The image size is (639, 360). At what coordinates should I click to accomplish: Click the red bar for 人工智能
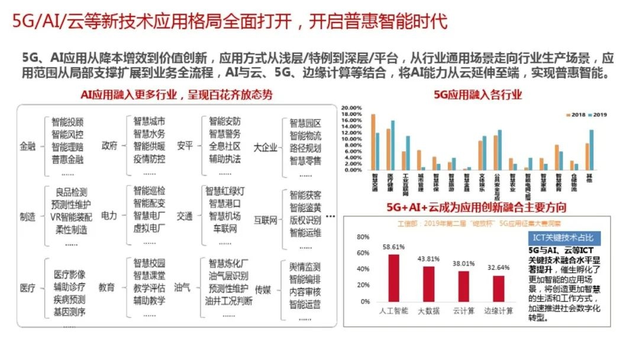[394, 278]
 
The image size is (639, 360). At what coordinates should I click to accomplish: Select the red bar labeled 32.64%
[499, 289]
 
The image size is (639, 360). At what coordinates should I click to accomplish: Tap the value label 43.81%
[429, 259]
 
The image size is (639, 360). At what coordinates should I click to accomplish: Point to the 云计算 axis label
[463, 310]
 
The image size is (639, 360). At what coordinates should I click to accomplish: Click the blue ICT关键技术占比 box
[562, 237]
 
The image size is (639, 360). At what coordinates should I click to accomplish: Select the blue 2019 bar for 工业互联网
[408, 153]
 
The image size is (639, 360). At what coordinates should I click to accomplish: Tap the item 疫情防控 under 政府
[149, 159]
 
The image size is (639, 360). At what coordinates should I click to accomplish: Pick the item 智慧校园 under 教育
[149, 263]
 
